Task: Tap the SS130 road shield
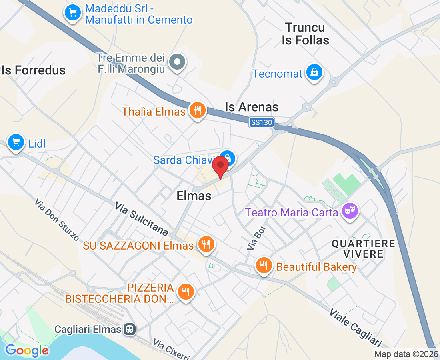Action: [261, 122]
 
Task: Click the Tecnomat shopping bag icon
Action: [315, 72]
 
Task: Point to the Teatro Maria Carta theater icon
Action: [350, 210]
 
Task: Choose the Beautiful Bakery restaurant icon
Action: [264, 265]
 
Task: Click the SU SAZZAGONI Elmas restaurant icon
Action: [206, 244]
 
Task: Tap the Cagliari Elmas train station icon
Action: [130, 329]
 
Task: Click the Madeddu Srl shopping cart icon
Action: [72, 13]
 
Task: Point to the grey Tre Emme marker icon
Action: [177, 62]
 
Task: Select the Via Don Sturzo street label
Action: [56, 220]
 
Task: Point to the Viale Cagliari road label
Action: [355, 328]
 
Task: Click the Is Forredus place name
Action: [34, 70]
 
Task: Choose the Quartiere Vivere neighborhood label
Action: [363, 248]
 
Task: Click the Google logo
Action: [27, 351]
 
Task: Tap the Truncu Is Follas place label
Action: [306, 34]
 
